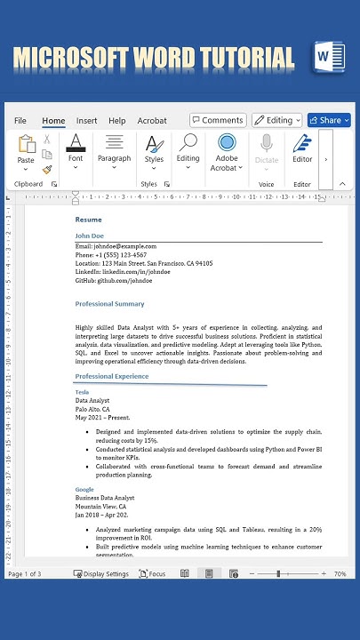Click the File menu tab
point(20,121)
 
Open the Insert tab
point(87,121)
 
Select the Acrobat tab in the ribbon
point(152,121)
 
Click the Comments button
point(218,120)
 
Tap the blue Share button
point(325,120)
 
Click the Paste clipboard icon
point(27,145)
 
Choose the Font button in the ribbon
point(76,145)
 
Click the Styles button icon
point(154,145)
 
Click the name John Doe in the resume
point(90,236)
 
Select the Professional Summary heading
point(110,304)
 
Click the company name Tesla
point(82,392)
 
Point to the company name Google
point(84,490)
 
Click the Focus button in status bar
point(152,574)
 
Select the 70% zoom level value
point(340,574)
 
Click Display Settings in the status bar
point(100,574)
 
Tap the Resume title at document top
point(89,220)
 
